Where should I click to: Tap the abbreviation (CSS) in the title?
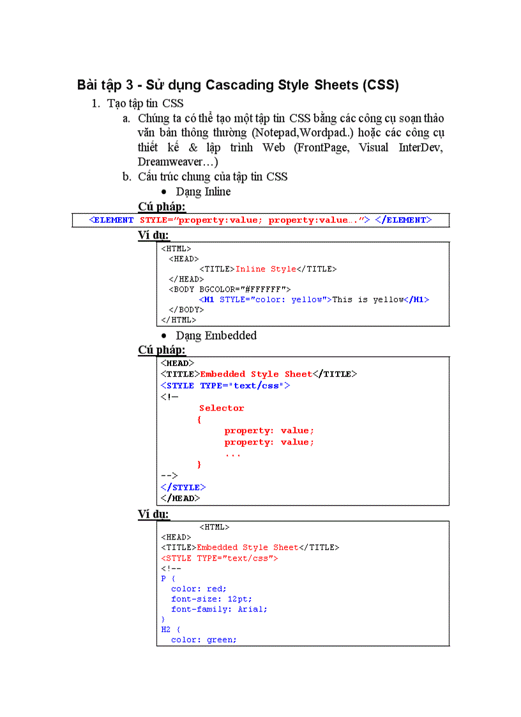(x=380, y=85)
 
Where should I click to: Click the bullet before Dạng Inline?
(x=164, y=192)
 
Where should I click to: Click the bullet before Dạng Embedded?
(x=164, y=336)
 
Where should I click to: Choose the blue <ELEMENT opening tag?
(x=111, y=220)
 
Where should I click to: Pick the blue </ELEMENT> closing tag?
(x=404, y=220)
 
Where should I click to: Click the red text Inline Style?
(x=266, y=269)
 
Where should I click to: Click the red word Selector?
(x=222, y=408)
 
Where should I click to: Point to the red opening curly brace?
(x=199, y=419)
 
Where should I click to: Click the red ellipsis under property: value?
(x=233, y=454)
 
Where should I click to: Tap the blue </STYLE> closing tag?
(x=183, y=487)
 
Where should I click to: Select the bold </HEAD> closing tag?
(x=180, y=498)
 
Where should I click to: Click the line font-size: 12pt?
(x=211, y=599)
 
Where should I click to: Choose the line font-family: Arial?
(x=219, y=609)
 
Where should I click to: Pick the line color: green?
(x=204, y=640)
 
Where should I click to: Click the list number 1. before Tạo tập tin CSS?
(x=96, y=103)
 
